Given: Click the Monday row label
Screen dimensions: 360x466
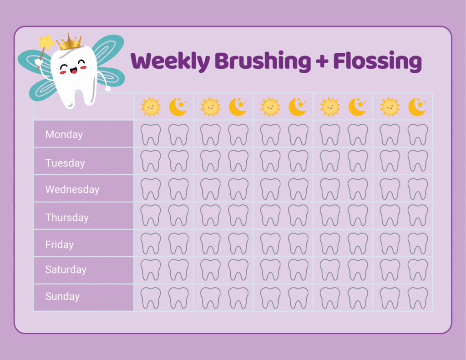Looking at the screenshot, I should [x=64, y=134].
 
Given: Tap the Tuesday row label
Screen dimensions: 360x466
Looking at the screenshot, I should [x=65, y=162].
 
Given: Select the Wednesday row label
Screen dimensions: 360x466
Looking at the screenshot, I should [x=72, y=189].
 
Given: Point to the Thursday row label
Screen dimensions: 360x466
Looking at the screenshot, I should [x=67, y=217].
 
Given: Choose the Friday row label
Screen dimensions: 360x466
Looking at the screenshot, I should [x=60, y=244].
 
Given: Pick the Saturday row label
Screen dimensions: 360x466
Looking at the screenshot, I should [x=66, y=269].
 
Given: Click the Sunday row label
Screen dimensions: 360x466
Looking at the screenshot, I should [x=62, y=296].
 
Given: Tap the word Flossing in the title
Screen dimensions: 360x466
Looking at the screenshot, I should [x=377, y=61].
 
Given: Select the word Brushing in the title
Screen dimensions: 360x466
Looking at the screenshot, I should [x=263, y=61].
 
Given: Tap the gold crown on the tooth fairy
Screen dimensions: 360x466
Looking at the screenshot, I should [x=69, y=42].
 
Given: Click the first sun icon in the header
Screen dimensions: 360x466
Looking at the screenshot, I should [x=151, y=107].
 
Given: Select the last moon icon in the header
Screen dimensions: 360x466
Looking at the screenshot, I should [x=416, y=107].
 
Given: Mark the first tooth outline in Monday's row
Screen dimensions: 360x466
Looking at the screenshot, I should [x=151, y=134].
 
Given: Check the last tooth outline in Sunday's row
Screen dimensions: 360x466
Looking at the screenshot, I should [x=417, y=298].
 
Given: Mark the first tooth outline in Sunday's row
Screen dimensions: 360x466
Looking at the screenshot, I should [x=151, y=298].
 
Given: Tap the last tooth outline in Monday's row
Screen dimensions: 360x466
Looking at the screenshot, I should [x=417, y=134].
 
